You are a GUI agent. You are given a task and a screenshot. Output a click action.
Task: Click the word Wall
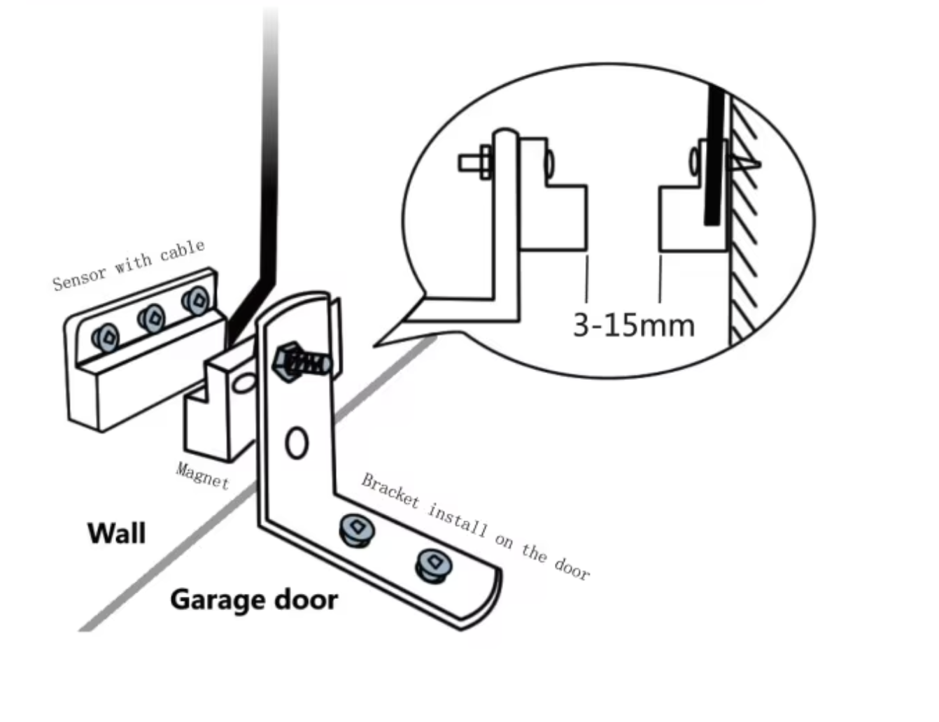click(116, 533)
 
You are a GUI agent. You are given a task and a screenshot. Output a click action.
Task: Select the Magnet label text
click(202, 476)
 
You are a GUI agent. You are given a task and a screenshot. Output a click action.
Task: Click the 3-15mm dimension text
click(633, 325)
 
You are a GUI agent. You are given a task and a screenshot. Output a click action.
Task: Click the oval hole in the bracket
click(297, 443)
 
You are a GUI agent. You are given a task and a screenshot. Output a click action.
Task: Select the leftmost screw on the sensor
click(106, 338)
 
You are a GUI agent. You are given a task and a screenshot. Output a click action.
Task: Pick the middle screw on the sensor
click(151, 320)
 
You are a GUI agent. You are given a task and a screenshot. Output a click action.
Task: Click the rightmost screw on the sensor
click(196, 302)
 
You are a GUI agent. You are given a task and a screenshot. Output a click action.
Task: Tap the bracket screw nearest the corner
click(355, 530)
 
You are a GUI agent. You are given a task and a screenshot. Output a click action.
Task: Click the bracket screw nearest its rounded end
click(434, 564)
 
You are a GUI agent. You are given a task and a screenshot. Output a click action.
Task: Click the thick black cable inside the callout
click(714, 154)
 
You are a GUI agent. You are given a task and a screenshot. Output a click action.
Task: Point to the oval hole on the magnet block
click(245, 383)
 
